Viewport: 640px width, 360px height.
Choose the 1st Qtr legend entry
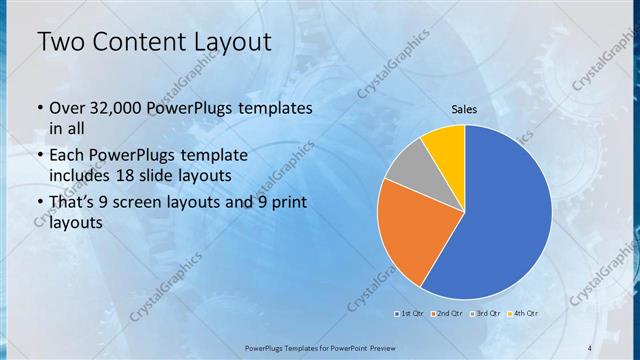pos(410,313)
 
